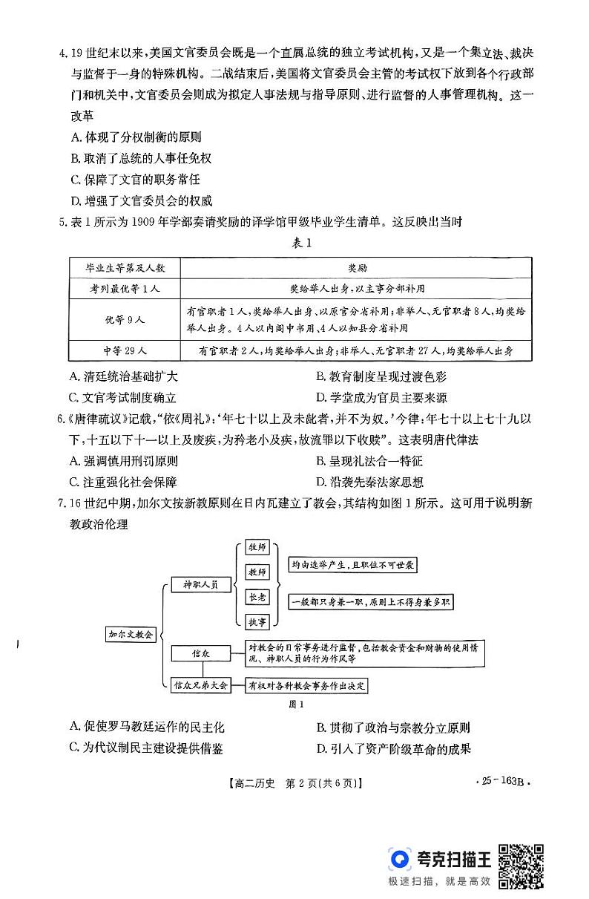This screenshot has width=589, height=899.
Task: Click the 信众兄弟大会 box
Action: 200,684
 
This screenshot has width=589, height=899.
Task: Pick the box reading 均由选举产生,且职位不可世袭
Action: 352,565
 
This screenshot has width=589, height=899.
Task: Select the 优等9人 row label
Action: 125,318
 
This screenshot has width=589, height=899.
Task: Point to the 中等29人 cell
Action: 125,350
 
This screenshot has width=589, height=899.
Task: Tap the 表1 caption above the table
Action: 295,243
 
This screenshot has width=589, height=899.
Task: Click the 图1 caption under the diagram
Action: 296,704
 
